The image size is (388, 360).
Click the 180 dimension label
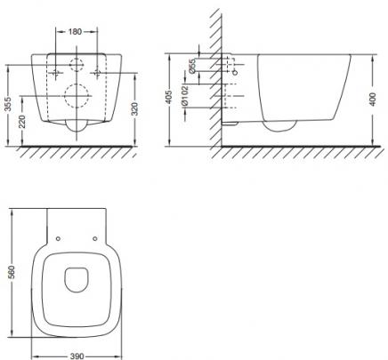point(75,31)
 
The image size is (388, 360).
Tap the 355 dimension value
point(9,104)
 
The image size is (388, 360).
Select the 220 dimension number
point(22,122)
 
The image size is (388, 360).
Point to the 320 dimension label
point(134,109)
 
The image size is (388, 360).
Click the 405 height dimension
point(168,97)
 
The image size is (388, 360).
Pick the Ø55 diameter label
point(192,66)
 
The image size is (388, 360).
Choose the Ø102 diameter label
point(184,95)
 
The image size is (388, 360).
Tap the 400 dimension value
point(373,100)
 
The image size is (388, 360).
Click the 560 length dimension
point(12,272)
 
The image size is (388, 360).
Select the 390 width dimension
point(77,356)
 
